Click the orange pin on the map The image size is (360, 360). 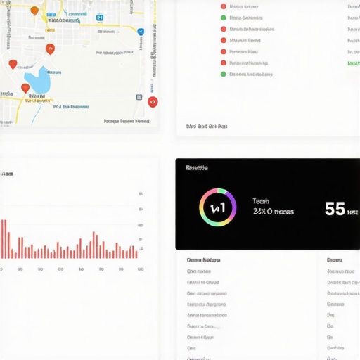point(34,11)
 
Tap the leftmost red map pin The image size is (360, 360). point(13,65)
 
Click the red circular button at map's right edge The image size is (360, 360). point(153,101)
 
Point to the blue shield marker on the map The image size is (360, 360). point(141,32)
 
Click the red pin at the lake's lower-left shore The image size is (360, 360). point(25,89)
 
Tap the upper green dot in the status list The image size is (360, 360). point(224,6)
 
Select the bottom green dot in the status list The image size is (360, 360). point(224,74)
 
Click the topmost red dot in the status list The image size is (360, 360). point(224,18)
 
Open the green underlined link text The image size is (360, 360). point(354,63)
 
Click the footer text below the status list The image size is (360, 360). point(207,127)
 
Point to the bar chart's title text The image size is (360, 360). point(8,173)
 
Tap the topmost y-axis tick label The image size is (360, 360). point(141,194)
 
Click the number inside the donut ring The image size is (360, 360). point(217,207)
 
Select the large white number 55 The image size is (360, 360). point(335,209)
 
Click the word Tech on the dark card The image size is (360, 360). point(260,201)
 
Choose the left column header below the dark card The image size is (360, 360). point(203,260)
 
